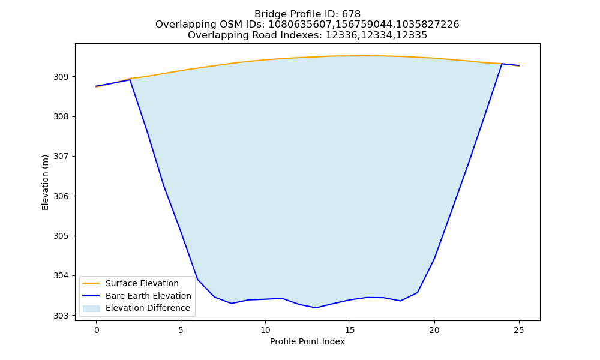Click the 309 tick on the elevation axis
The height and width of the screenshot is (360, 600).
pyautogui.click(x=62, y=77)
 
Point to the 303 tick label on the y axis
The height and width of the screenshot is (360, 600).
pyautogui.click(x=62, y=316)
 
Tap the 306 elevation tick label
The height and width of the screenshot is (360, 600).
pyautogui.click(x=62, y=196)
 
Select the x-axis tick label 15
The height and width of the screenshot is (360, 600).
pyautogui.click(x=350, y=330)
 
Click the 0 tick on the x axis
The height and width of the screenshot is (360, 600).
pyautogui.click(x=97, y=330)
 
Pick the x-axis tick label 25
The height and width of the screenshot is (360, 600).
pyautogui.click(x=519, y=330)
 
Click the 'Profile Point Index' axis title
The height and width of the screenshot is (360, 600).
pyautogui.click(x=307, y=341)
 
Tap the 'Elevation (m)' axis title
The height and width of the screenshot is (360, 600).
pyautogui.click(x=45, y=182)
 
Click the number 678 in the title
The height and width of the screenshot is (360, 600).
pyautogui.click(x=351, y=14)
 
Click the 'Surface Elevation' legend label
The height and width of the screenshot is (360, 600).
pyautogui.click(x=142, y=283)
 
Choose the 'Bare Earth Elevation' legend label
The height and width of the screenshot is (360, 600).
pyautogui.click(x=148, y=296)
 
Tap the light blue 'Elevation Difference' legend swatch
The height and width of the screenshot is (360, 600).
pyautogui.click(x=91, y=308)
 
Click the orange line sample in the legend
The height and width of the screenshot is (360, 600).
pyautogui.click(x=91, y=283)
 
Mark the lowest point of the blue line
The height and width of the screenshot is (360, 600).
pyautogui.click(x=316, y=308)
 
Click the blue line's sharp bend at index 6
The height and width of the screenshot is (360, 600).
pyautogui.click(x=197, y=279)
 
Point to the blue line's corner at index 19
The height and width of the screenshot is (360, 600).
pyautogui.click(x=417, y=293)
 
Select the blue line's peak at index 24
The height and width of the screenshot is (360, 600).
pyautogui.click(x=502, y=64)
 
